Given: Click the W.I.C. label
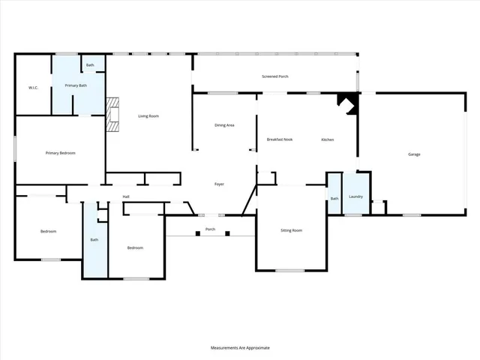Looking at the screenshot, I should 33,88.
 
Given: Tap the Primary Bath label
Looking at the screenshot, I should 76,85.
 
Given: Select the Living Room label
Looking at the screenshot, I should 148,116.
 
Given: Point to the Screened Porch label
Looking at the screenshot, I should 275,77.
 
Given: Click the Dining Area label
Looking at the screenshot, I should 225,125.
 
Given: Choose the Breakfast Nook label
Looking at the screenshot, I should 280,140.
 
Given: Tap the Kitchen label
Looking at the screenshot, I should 328,140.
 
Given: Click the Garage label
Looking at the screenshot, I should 414,154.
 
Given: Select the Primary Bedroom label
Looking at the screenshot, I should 61,153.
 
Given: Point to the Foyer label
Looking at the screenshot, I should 220,184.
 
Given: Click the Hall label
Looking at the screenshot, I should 127,197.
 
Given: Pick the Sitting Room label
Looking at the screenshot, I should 292,230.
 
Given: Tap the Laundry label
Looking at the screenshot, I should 356,196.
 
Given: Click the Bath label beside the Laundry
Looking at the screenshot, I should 334,198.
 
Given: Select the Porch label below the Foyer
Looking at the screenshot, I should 211,229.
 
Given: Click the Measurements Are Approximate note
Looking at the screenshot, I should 239,348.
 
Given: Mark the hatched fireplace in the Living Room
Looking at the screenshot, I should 112,115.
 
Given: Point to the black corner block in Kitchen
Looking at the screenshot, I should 347,101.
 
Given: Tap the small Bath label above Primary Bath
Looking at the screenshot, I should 90,65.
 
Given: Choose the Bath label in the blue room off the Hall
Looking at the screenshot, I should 94,240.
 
